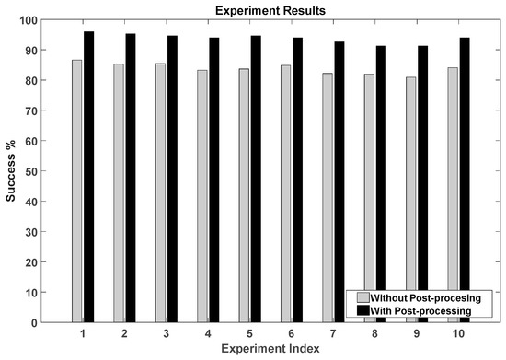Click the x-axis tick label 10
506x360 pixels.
[x=458, y=332]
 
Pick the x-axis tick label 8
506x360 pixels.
[x=374, y=332]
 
